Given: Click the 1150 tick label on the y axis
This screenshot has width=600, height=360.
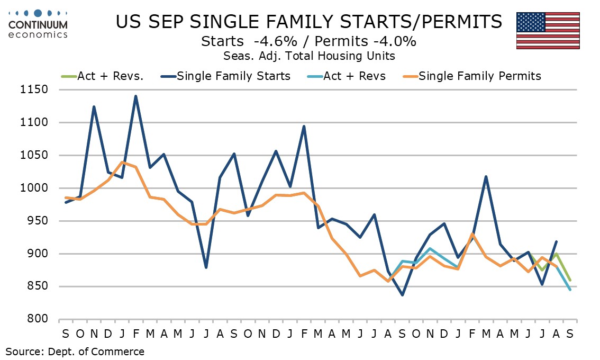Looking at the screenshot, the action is point(34,89).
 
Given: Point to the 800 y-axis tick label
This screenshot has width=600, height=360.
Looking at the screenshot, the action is point(38,319).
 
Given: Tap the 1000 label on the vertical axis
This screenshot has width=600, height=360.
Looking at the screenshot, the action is point(34,188).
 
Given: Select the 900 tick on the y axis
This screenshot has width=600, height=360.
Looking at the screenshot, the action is point(38,254).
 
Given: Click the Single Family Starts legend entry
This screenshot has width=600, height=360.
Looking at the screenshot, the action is point(226,76).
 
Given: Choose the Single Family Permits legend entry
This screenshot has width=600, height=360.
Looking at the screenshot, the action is point(472,76).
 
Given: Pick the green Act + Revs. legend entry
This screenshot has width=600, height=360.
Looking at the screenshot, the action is point(103,76).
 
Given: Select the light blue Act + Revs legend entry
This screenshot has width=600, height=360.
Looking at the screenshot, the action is point(347,76).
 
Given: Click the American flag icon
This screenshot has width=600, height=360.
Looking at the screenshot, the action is point(548,31).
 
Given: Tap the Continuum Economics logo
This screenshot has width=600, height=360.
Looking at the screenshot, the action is point(38,24).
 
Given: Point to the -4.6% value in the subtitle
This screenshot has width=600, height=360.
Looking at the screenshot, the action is point(275,41).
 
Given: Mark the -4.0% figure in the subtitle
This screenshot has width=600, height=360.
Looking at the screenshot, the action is point(394,41).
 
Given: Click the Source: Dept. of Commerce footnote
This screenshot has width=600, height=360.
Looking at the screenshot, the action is point(75,352).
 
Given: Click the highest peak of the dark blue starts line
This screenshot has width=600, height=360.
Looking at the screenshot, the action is point(136,96).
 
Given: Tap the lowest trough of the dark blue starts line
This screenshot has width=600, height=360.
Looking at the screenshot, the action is point(402,295).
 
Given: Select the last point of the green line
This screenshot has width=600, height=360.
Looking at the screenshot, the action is point(570,281).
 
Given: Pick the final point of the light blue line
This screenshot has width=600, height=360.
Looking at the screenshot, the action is point(570,290).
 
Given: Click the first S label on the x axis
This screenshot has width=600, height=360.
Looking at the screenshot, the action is point(66,334).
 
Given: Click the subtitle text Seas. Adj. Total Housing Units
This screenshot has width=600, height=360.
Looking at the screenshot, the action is point(309,56).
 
